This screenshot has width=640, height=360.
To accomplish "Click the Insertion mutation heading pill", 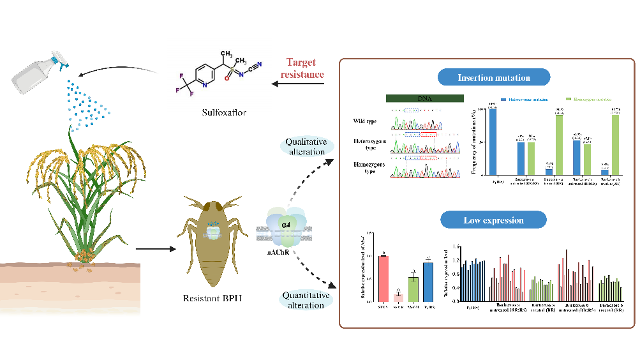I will (x=494, y=79).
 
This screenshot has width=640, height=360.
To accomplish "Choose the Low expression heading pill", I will (x=494, y=221).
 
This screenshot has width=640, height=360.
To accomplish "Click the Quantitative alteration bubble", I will (x=306, y=301).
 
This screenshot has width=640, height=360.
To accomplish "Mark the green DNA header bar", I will (x=424, y=99).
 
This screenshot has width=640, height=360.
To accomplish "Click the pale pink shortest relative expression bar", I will (x=398, y=297).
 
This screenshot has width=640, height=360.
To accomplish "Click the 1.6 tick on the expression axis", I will (x=455, y=246).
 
